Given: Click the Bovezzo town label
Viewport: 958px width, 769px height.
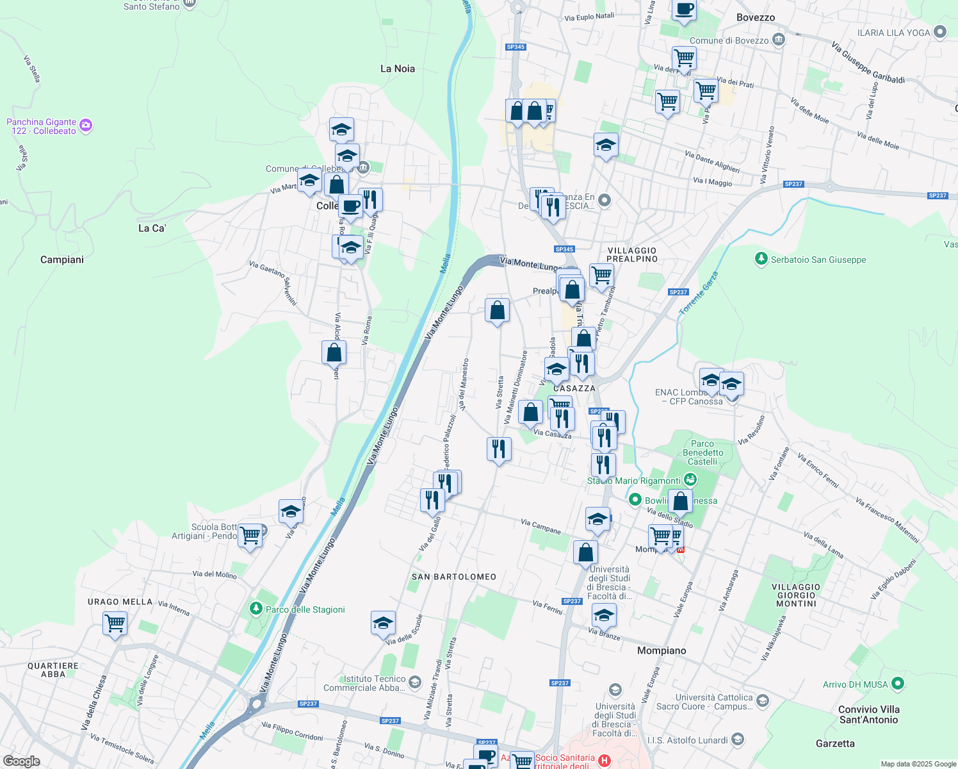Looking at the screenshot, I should point(755,17).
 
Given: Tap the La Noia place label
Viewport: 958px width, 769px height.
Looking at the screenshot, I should point(397,69).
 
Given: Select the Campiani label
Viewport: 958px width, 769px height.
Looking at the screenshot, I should point(62,260).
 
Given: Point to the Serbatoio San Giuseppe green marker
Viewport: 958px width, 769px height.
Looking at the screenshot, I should point(761,259).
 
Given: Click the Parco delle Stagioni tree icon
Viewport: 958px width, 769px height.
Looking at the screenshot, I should point(256,608).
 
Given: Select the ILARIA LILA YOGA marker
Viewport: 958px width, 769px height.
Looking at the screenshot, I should point(940,31).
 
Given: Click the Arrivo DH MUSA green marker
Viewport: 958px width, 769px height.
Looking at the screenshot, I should point(897,684).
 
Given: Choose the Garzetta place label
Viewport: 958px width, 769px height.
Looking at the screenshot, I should point(835,743).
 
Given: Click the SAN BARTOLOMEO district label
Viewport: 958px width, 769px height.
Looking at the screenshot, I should point(454,577).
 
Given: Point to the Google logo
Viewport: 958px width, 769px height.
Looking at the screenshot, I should point(21,761).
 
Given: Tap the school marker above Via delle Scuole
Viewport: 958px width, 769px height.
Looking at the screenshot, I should point(383,622).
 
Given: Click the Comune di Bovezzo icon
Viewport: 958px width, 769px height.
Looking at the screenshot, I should point(778,40).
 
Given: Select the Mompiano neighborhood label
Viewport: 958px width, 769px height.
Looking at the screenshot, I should point(662,650).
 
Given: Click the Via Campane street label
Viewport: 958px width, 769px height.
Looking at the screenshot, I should point(540,527).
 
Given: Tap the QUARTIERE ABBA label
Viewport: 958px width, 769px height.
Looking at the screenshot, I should point(53,670).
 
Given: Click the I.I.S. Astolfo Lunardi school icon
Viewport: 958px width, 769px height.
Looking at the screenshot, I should point(737,740).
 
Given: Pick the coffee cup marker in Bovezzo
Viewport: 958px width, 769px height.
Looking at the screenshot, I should point(684,10).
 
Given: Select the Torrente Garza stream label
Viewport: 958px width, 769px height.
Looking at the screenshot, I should point(699,293).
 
